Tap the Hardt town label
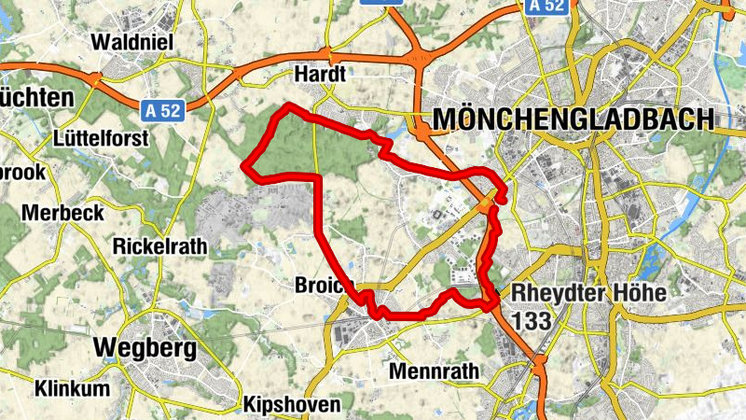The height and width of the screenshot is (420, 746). pos(320,74)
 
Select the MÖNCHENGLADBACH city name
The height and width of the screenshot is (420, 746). pos(573,119)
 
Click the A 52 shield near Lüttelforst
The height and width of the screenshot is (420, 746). pos(162,110)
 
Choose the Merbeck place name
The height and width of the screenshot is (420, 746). pos(62,213)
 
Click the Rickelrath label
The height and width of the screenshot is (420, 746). pos(162,247)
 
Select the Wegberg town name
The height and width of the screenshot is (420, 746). pos(145,348)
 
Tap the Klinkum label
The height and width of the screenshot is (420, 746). pos(72,388)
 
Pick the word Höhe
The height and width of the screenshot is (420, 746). pos(641,293)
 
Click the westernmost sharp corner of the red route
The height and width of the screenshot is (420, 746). pos(244,166)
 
